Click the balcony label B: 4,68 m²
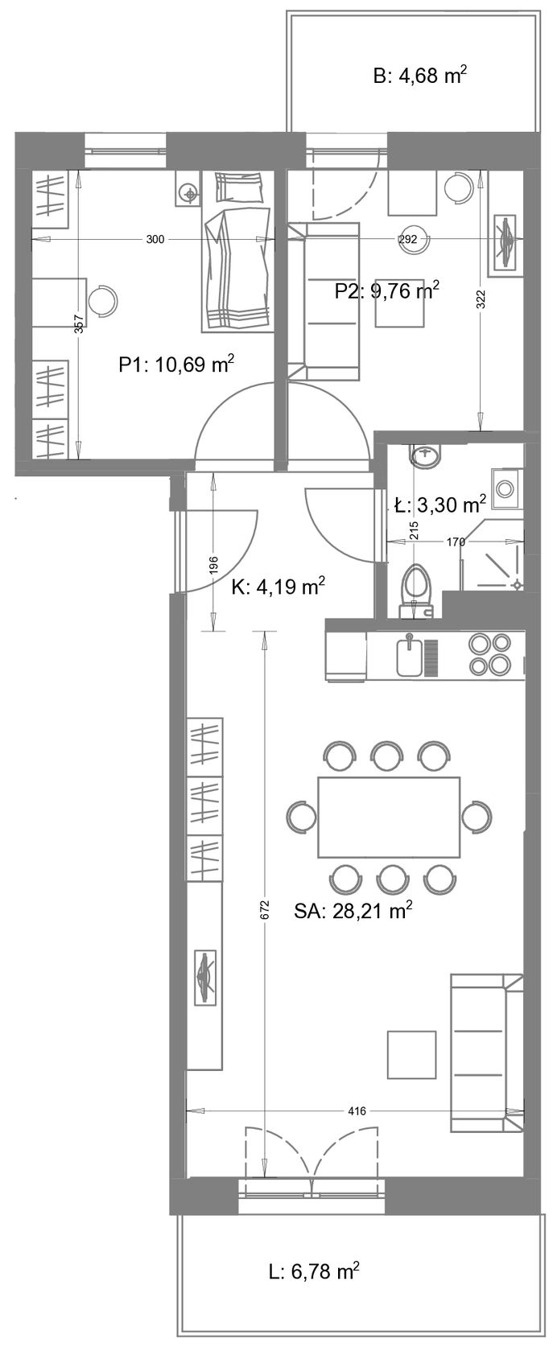click(x=420, y=76)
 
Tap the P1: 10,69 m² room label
click(x=176, y=365)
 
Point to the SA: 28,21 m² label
click(x=353, y=910)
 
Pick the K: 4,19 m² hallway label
click(x=278, y=587)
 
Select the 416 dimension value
click(x=357, y=1111)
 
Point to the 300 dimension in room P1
click(x=155, y=240)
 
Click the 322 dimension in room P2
click(x=481, y=300)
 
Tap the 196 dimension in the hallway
click(x=214, y=564)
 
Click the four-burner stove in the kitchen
click(x=491, y=654)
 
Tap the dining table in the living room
click(x=390, y=818)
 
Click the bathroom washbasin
click(x=426, y=456)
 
